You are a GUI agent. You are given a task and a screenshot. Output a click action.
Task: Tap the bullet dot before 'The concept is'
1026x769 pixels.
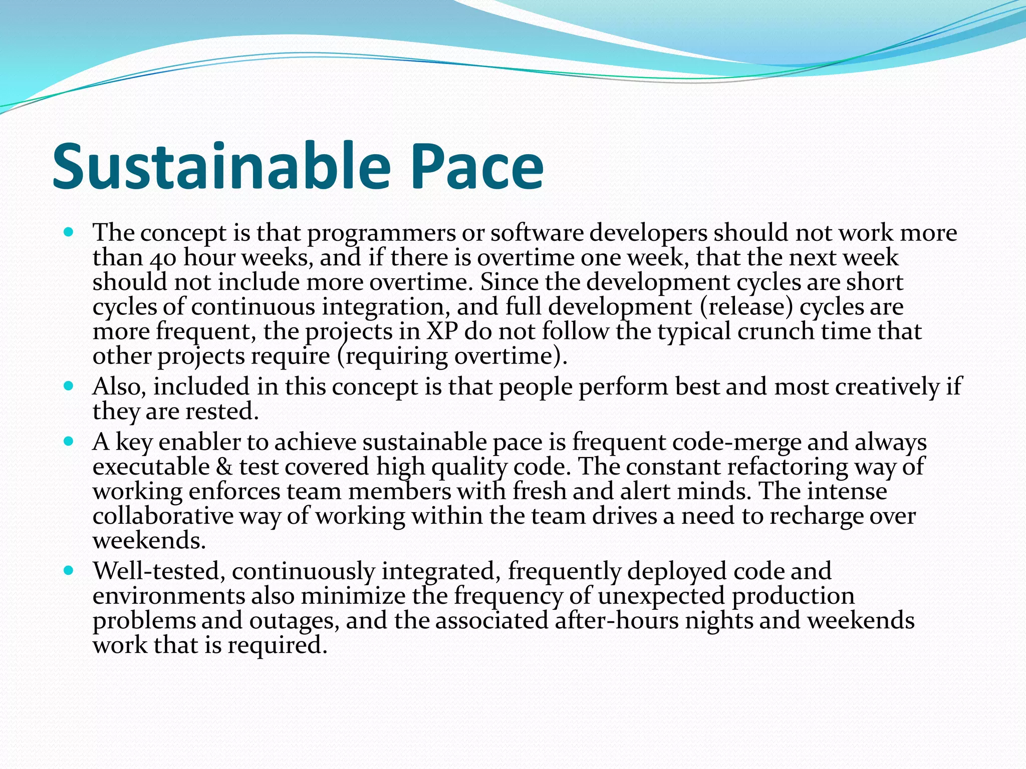click(x=69, y=232)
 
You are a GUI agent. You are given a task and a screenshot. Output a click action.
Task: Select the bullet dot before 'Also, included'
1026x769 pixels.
click(x=69, y=387)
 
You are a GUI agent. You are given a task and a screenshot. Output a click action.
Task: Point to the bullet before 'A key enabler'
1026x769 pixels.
click(x=69, y=442)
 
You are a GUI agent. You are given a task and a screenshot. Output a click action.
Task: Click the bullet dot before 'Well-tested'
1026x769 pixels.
click(x=69, y=570)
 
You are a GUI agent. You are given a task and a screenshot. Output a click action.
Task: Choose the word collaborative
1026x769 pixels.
click(x=163, y=516)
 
